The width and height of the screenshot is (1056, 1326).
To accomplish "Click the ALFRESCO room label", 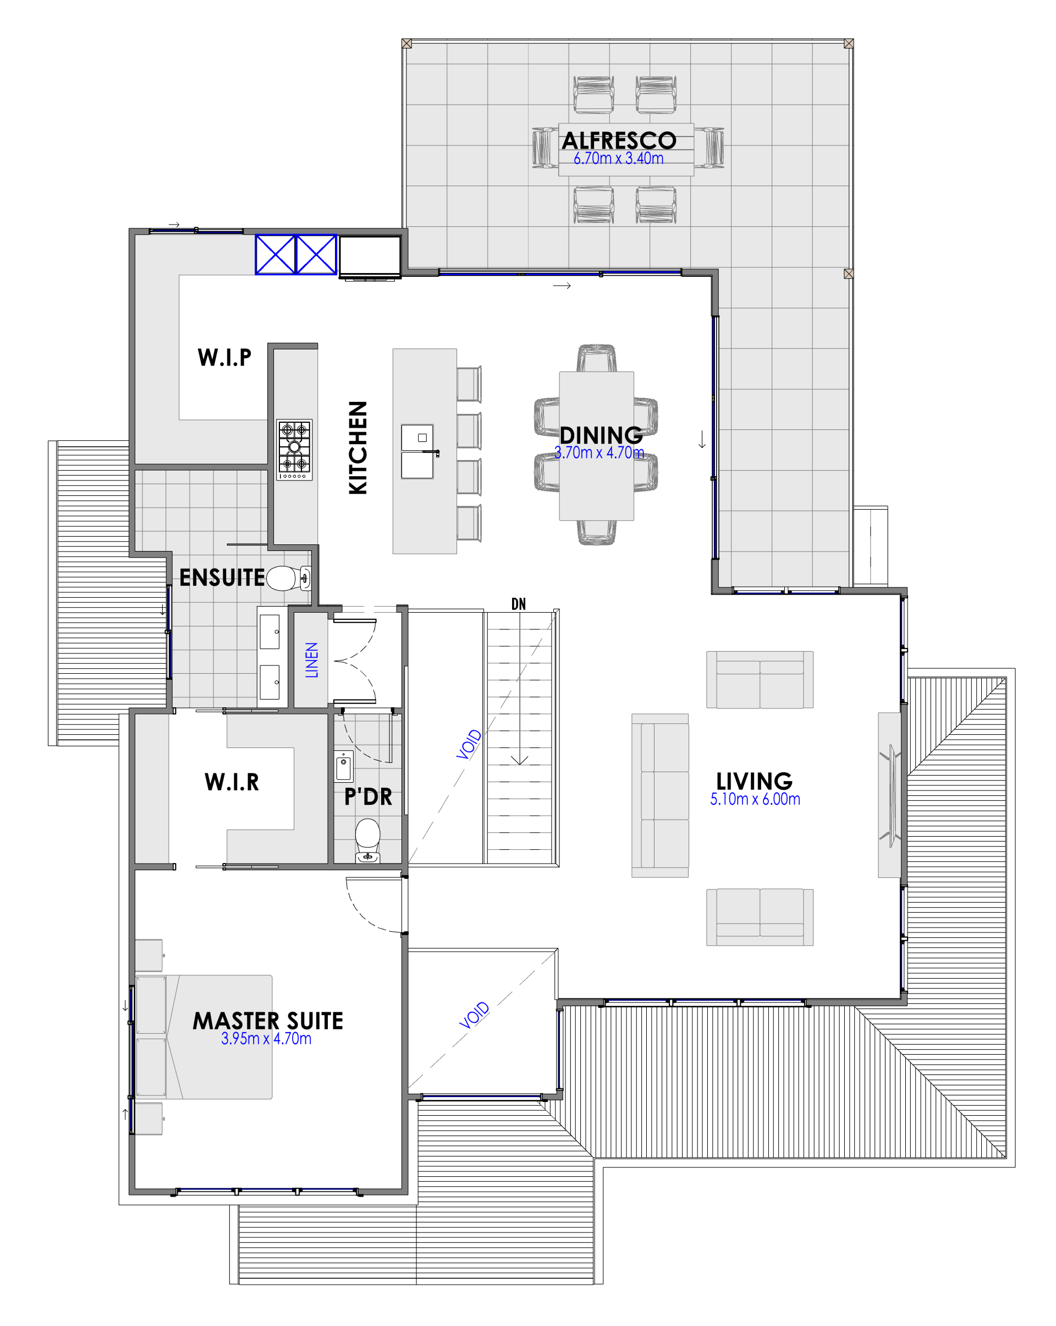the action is [x=618, y=140].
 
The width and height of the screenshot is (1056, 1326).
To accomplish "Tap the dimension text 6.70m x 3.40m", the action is [x=618, y=158].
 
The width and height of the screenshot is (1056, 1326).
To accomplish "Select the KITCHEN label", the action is [x=358, y=447].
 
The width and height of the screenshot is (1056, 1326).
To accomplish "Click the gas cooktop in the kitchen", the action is [x=294, y=450].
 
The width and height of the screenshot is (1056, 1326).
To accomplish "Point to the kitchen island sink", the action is [x=417, y=451].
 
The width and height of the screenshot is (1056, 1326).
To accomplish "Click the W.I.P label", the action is [x=224, y=357].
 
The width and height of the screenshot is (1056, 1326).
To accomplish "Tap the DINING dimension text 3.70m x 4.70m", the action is [x=599, y=452].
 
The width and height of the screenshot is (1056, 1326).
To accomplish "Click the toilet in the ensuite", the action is [x=288, y=578].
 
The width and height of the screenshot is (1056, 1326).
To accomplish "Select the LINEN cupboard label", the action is [x=312, y=660].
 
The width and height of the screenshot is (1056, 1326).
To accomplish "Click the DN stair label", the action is [x=518, y=604].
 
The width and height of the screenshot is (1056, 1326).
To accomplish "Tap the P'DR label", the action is [x=367, y=796].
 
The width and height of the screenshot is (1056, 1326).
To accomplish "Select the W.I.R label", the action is [x=232, y=782].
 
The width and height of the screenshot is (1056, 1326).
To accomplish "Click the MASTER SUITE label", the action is [x=268, y=1021].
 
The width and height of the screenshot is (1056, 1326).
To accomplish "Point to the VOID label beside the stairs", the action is [x=469, y=744].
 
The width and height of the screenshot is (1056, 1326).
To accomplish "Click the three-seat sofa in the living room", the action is [x=660, y=795].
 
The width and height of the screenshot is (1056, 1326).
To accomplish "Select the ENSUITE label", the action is [x=222, y=577].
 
